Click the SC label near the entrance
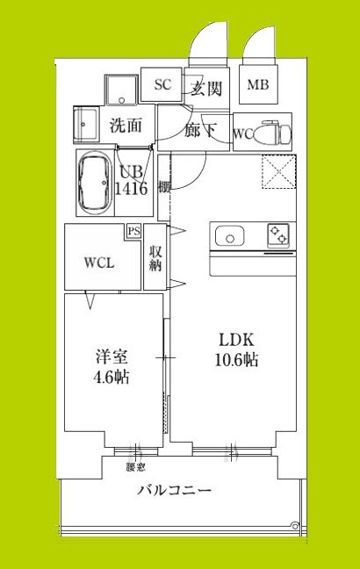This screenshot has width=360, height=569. pyautogui.click(x=162, y=85)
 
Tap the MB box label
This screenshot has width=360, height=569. pyautogui.click(x=257, y=85)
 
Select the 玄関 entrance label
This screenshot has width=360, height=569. pyautogui.click(x=204, y=88)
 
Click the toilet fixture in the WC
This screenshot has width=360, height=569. pyautogui.click(x=277, y=133)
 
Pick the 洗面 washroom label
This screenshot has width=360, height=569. pyautogui.click(x=126, y=126)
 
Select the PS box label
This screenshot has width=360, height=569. pyautogui.click(x=133, y=232)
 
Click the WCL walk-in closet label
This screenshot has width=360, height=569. pyautogui.click(x=98, y=263)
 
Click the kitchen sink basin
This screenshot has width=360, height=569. pyautogui.click(x=231, y=235)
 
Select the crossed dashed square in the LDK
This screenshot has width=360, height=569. pyautogui.click(x=277, y=171)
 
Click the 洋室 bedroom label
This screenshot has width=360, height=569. pyautogui.click(x=111, y=357)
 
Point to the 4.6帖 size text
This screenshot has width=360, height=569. pyautogui.click(x=111, y=378)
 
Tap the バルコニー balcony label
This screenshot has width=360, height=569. pyautogui.click(x=174, y=490)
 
